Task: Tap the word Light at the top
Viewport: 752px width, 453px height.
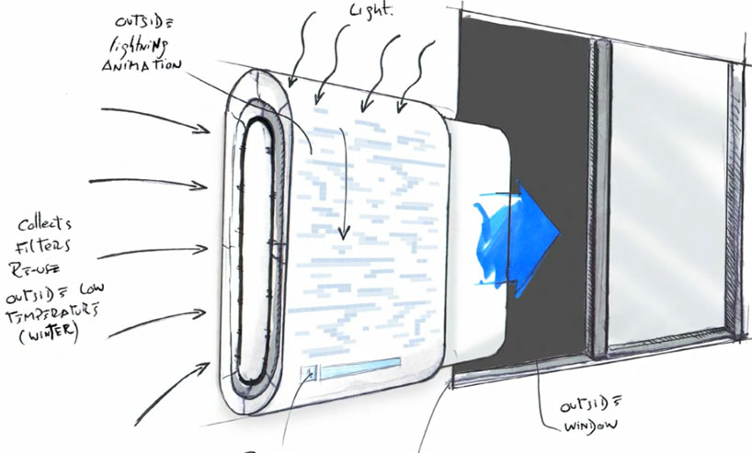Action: click(371, 10)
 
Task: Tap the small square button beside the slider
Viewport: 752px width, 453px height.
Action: click(313, 373)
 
